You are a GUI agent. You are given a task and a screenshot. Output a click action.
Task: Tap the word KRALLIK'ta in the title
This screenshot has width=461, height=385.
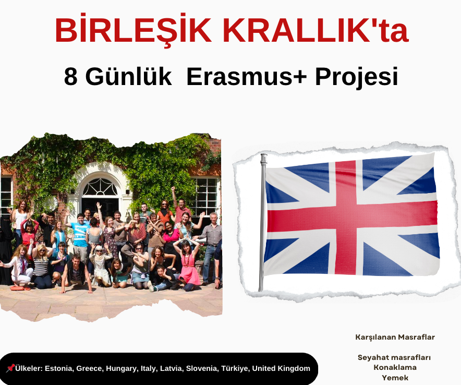pyautogui.click(x=316, y=30)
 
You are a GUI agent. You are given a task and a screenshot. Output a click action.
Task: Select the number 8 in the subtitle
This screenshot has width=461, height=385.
pyautogui.click(x=71, y=77)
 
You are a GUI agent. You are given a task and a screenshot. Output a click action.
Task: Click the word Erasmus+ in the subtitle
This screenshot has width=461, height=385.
pyautogui.click(x=246, y=77)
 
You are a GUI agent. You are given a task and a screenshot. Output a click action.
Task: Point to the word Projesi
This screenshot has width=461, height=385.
pyautogui.click(x=356, y=77)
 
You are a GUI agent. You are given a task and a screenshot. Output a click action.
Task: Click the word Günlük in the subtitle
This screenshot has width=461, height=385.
pyautogui.click(x=128, y=76)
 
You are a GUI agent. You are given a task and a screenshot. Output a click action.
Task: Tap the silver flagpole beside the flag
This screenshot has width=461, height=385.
pyautogui.click(x=262, y=222)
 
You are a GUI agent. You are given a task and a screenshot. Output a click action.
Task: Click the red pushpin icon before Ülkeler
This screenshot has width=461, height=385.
pyautogui.click(x=10, y=368)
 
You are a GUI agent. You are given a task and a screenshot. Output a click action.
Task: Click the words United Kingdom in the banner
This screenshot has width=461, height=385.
pyautogui.click(x=281, y=368)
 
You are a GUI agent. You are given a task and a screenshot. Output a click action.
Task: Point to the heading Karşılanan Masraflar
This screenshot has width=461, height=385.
pyautogui.click(x=395, y=337)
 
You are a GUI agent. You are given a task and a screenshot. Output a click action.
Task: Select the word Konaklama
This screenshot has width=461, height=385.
pyautogui.click(x=395, y=367)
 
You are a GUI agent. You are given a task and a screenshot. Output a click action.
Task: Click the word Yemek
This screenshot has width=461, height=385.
pyautogui.click(x=395, y=378)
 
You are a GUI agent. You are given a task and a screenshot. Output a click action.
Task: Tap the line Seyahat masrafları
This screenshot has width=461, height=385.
pyautogui.click(x=394, y=357)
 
